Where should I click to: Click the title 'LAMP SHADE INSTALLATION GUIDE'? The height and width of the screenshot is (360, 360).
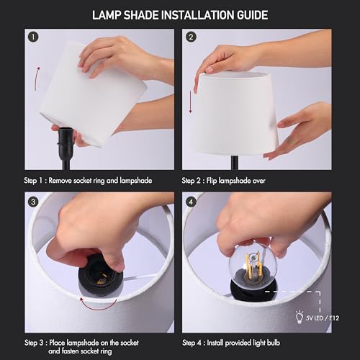(180, 14)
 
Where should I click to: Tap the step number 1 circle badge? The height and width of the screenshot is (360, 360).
(32, 37)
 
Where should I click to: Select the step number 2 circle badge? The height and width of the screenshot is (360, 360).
(191, 37)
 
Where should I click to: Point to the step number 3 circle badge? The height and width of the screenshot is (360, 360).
(32, 201)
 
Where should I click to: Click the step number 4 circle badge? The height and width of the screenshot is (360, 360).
(191, 201)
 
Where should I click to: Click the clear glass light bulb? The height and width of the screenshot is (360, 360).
(252, 267)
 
